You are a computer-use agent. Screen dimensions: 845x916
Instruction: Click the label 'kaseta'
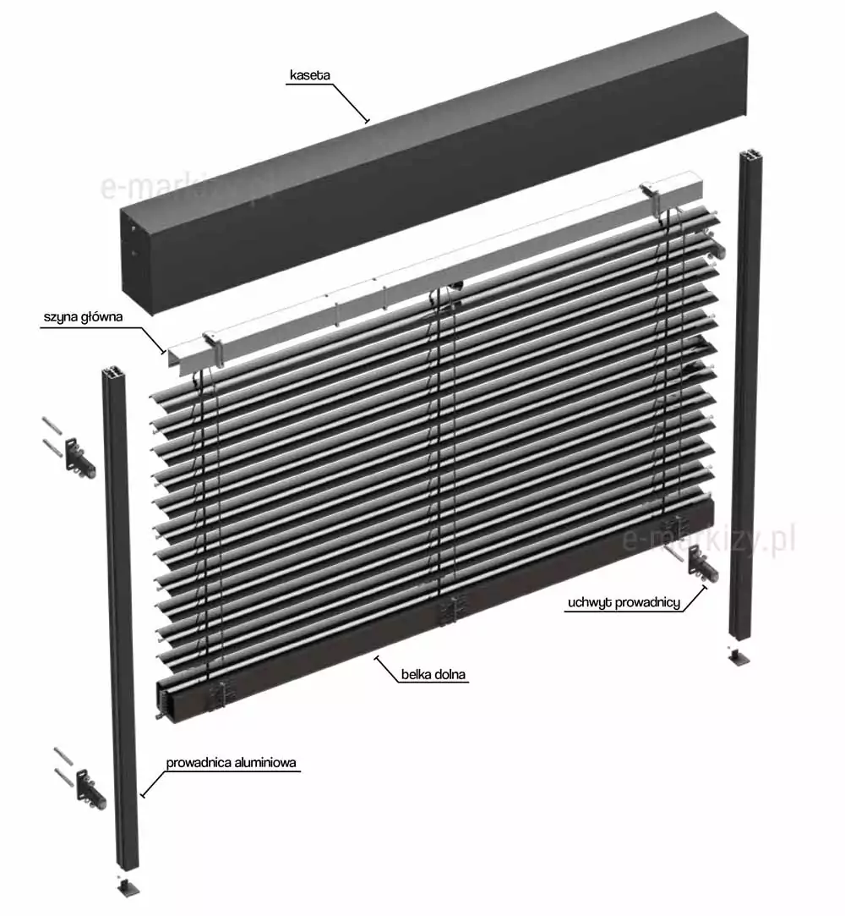pyautogui.click(x=310, y=75)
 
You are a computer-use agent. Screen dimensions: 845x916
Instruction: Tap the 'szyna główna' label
pyautogui.click(x=84, y=318)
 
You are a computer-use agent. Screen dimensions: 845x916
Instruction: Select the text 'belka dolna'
pyautogui.click(x=433, y=675)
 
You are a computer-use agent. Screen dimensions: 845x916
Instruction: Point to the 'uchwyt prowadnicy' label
pyautogui.click(x=624, y=602)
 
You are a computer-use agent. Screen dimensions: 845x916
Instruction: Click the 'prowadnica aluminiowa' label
pyautogui.click(x=231, y=762)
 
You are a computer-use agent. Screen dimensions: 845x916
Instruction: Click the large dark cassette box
pyautogui.click(x=434, y=163)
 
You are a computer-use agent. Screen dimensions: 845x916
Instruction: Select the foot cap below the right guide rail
pyautogui.click(x=739, y=657)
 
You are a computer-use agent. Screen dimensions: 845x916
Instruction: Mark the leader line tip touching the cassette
pyautogui.click(x=367, y=121)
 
